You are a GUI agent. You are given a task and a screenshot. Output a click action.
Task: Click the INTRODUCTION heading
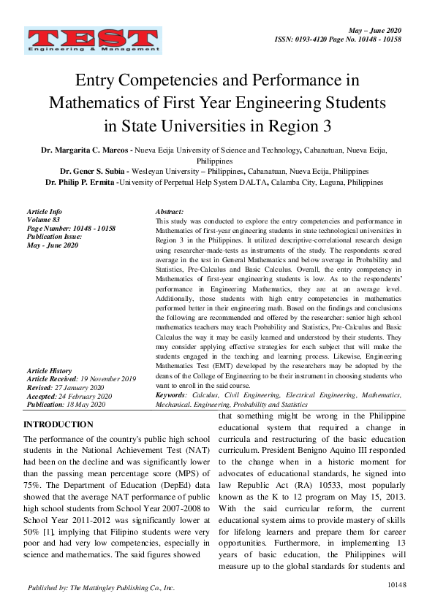58,424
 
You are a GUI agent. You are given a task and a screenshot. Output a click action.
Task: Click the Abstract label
170,210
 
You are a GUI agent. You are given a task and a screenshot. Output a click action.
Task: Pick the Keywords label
171,395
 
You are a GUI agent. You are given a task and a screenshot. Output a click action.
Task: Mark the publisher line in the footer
101,587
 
